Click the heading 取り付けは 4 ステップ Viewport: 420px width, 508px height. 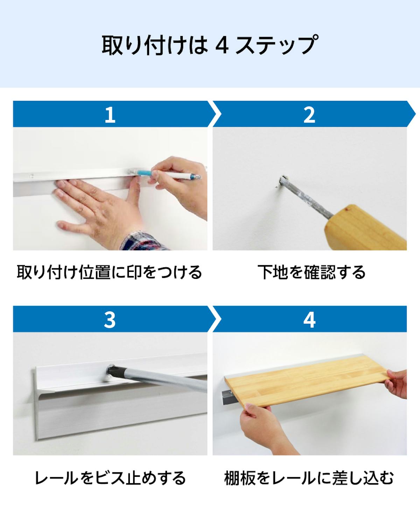point(210,45)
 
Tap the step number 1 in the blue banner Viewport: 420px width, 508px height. point(110,114)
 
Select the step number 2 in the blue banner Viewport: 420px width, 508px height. point(309,114)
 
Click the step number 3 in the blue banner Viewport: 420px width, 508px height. point(110,319)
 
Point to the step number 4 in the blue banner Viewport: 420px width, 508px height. point(309,319)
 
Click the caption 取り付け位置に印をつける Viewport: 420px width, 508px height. point(110,272)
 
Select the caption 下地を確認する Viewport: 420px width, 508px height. point(311,272)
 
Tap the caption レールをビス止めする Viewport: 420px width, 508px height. point(110,478)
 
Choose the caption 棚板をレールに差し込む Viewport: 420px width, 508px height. point(309,478)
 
